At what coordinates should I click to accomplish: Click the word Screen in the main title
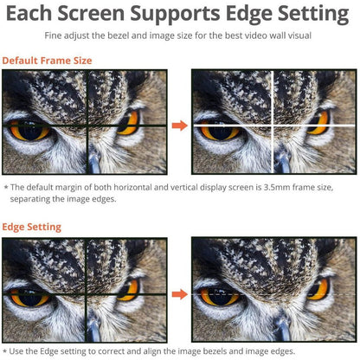point(91,13)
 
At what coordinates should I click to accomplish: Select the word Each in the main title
point(29,13)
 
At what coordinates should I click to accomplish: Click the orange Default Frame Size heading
point(47,61)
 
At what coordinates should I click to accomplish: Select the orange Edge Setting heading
point(32,228)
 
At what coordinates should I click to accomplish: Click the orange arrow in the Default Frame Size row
point(180,125)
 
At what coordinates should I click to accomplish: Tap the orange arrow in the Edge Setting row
point(180,294)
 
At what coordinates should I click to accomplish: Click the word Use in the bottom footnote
point(16,351)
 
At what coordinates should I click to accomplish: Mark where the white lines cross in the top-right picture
point(273,125)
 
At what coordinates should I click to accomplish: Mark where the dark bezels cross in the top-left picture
point(87,125)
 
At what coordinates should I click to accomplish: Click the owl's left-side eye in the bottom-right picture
point(220,296)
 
